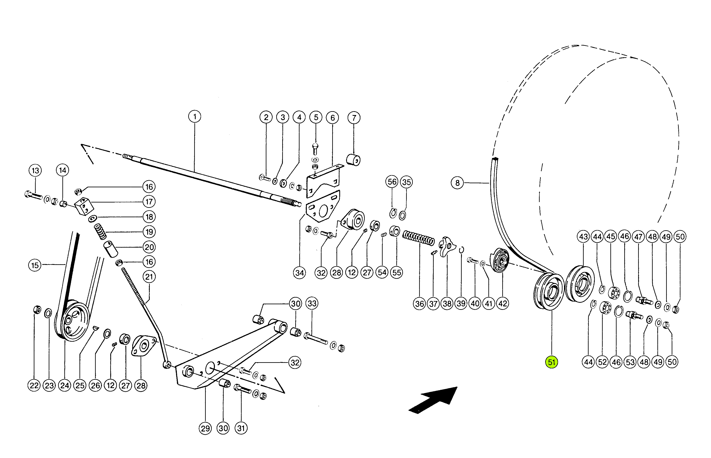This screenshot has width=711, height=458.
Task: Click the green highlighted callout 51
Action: point(551,362)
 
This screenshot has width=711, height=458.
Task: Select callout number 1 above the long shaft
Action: point(195,116)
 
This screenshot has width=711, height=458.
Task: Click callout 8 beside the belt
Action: point(457,183)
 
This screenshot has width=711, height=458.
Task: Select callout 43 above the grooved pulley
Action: point(583,237)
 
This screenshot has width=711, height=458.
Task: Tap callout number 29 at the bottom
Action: point(205,428)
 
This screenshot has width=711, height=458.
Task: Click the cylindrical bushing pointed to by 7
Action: point(354,160)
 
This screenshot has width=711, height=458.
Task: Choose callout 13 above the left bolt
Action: point(35,170)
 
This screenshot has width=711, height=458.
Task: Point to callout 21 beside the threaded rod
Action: point(149,277)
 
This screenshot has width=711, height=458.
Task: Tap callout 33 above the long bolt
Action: point(312,303)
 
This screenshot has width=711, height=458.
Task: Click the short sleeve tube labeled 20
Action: point(110,249)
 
